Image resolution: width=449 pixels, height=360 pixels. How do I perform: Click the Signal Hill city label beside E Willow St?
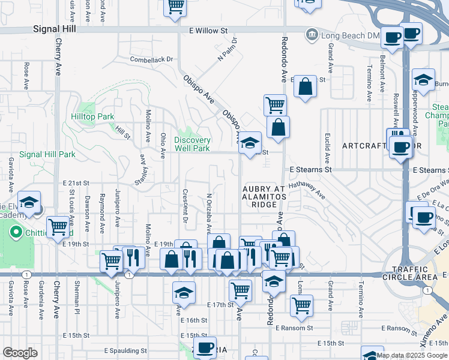(x=55, y=28)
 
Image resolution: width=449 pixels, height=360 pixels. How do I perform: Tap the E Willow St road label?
(x=209, y=29)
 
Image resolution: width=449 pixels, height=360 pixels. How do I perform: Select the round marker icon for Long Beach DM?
(x=312, y=35)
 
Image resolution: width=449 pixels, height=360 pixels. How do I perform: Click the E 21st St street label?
(x=76, y=183)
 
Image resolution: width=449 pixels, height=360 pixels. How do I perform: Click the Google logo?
(x=20, y=353)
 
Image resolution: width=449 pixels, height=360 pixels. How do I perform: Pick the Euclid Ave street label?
(x=328, y=150)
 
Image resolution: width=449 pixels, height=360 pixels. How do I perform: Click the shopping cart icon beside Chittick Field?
(x=58, y=227)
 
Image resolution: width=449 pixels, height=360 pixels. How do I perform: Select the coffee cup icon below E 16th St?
(x=205, y=347)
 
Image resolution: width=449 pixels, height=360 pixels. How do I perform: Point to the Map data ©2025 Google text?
(x=412, y=355)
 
